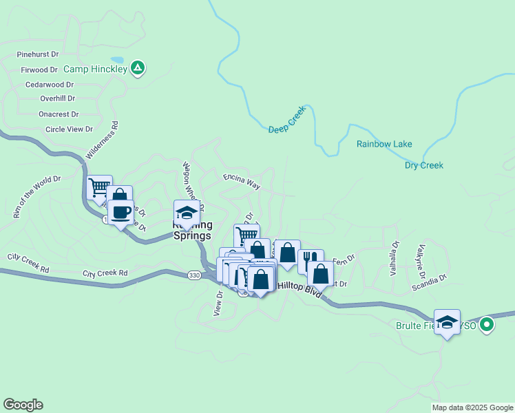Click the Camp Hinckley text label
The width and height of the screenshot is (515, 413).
click(x=95, y=69)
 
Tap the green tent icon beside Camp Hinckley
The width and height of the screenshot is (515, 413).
click(x=138, y=67)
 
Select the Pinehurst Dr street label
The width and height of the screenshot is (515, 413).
click(x=38, y=54)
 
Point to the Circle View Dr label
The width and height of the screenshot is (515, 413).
click(x=69, y=129)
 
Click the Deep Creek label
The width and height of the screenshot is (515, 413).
click(x=286, y=124)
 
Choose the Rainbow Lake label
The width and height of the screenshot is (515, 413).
click(x=384, y=144)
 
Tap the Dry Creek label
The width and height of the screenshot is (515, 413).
click(x=424, y=165)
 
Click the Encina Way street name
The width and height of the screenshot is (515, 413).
click(x=242, y=182)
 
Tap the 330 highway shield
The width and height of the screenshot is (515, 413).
click(x=195, y=275)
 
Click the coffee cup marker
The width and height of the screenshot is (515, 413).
click(x=120, y=213)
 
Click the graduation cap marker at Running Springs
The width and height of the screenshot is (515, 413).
click(x=187, y=212)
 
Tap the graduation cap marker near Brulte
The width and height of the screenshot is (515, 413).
click(x=447, y=321)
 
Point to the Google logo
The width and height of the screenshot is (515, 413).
click(x=23, y=405)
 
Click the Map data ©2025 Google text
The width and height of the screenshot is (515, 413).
click(x=472, y=407)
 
